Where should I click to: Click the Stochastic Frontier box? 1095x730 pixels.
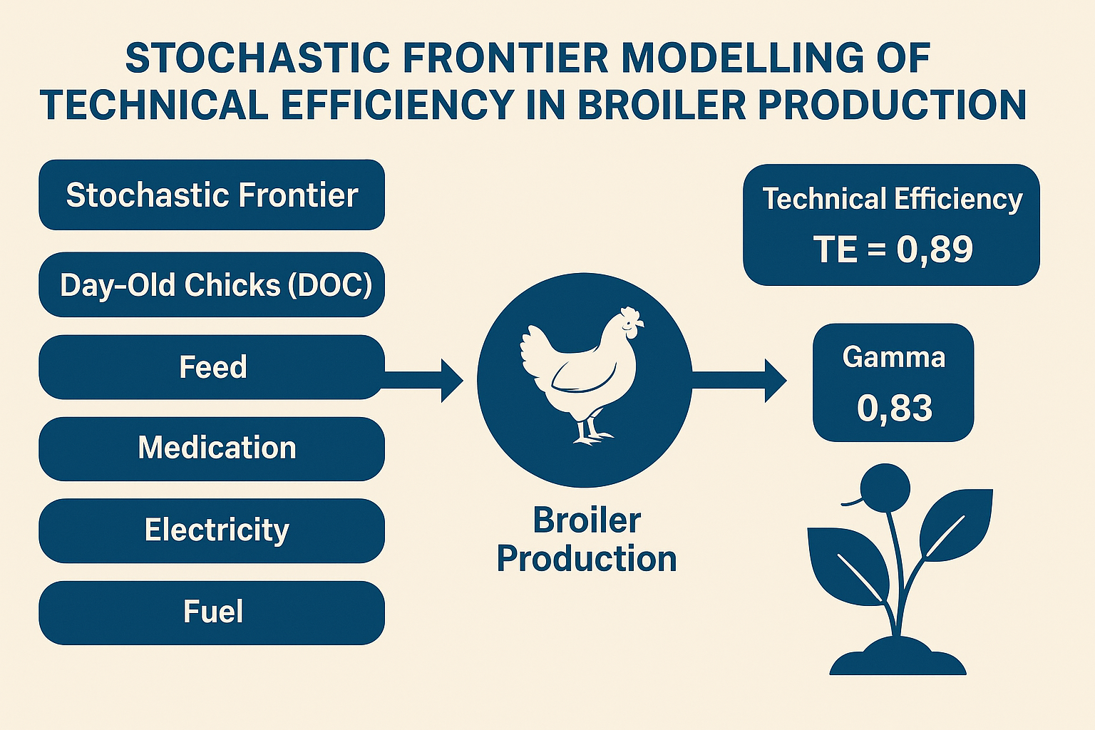click(x=212, y=195)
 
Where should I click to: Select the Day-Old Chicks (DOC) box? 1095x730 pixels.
click(x=212, y=284)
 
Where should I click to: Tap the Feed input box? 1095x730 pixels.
click(x=212, y=367)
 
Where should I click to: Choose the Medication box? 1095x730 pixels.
click(x=212, y=448)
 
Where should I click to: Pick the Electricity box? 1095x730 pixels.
click(x=212, y=530)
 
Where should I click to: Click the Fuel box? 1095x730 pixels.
click(x=212, y=612)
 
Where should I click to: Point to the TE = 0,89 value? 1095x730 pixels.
click(x=893, y=250)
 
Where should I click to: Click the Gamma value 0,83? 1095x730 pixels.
click(x=895, y=408)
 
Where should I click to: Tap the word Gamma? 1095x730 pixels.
click(x=893, y=357)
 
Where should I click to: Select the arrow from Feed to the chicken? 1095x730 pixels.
click(x=423, y=381)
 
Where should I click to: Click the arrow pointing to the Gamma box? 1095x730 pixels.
click(x=739, y=381)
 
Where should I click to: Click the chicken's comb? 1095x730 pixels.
click(x=631, y=314)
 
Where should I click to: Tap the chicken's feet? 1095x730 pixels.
click(x=592, y=436)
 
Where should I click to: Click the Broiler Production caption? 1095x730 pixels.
click(x=587, y=540)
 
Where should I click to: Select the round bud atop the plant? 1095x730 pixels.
click(x=885, y=488)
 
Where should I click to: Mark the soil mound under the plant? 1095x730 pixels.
click(x=898, y=657)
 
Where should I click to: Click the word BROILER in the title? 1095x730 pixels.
click(x=662, y=105)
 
